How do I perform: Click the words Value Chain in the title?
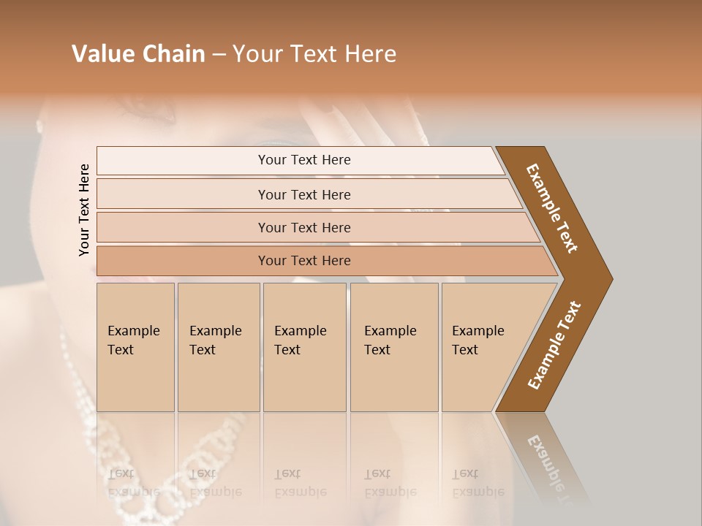pos(138,54)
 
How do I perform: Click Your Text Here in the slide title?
pos(314,54)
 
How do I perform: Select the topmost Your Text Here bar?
pos(303,160)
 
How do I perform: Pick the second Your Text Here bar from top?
pos(303,194)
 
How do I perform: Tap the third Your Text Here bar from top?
pos(303,227)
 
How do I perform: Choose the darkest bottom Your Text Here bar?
pos(303,261)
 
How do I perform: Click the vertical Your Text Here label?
pos(84,210)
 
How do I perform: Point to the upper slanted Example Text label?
pos(552,208)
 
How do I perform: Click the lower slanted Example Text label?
pos(554,346)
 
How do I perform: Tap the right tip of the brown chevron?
pos(611,278)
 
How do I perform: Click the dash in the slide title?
pos(219,55)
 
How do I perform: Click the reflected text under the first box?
pos(134,482)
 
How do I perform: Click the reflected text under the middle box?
pos(300,482)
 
